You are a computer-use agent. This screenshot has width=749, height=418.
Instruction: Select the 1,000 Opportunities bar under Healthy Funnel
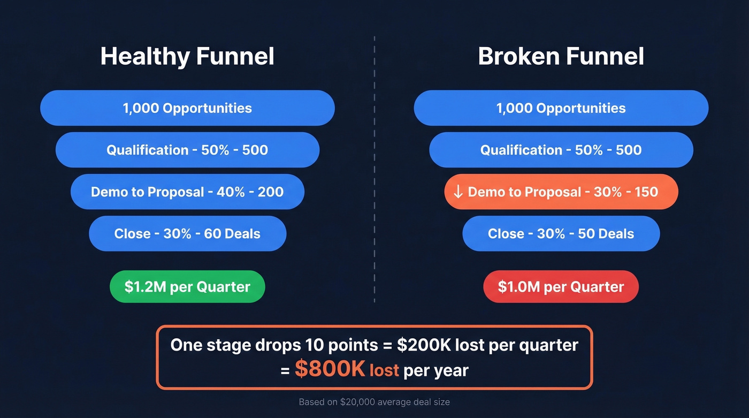187,108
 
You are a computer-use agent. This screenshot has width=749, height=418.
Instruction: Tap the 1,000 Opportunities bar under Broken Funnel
561,108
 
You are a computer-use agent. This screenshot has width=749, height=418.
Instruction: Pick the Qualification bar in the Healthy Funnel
187,150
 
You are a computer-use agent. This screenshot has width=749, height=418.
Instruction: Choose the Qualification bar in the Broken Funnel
561,150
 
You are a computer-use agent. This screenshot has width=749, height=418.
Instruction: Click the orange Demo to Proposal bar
561,192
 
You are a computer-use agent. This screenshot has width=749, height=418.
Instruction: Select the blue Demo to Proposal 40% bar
187,192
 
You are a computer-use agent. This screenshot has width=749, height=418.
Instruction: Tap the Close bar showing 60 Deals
187,233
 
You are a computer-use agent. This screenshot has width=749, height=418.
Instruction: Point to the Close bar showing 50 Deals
561,233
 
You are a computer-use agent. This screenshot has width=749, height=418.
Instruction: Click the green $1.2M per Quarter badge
187,287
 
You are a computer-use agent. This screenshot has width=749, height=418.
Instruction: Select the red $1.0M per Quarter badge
561,287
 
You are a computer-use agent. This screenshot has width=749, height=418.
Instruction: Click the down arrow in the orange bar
458,192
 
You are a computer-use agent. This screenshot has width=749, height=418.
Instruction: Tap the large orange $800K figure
330,370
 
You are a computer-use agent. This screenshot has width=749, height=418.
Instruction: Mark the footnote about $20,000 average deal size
374,402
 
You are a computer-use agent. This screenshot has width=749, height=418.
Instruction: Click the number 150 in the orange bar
645,192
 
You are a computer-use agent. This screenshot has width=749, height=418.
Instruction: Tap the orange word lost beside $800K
384,370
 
